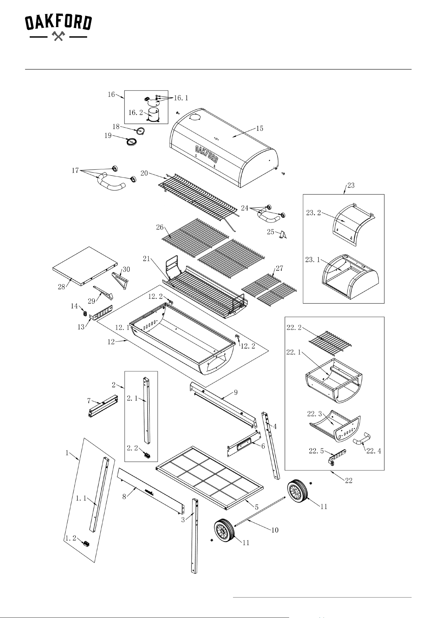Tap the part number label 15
260,128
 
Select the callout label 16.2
136,112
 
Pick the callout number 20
144,173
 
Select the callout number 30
126,269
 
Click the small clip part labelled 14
84,313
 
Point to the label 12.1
122,328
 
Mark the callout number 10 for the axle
275,530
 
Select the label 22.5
316,451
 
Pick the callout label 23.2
314,213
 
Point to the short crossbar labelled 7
103,406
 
